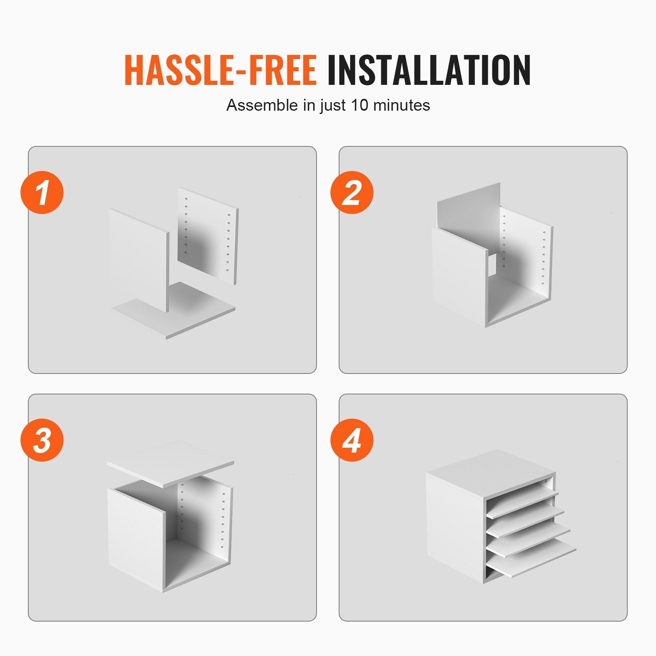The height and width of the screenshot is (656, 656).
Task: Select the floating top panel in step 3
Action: point(171,464)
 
